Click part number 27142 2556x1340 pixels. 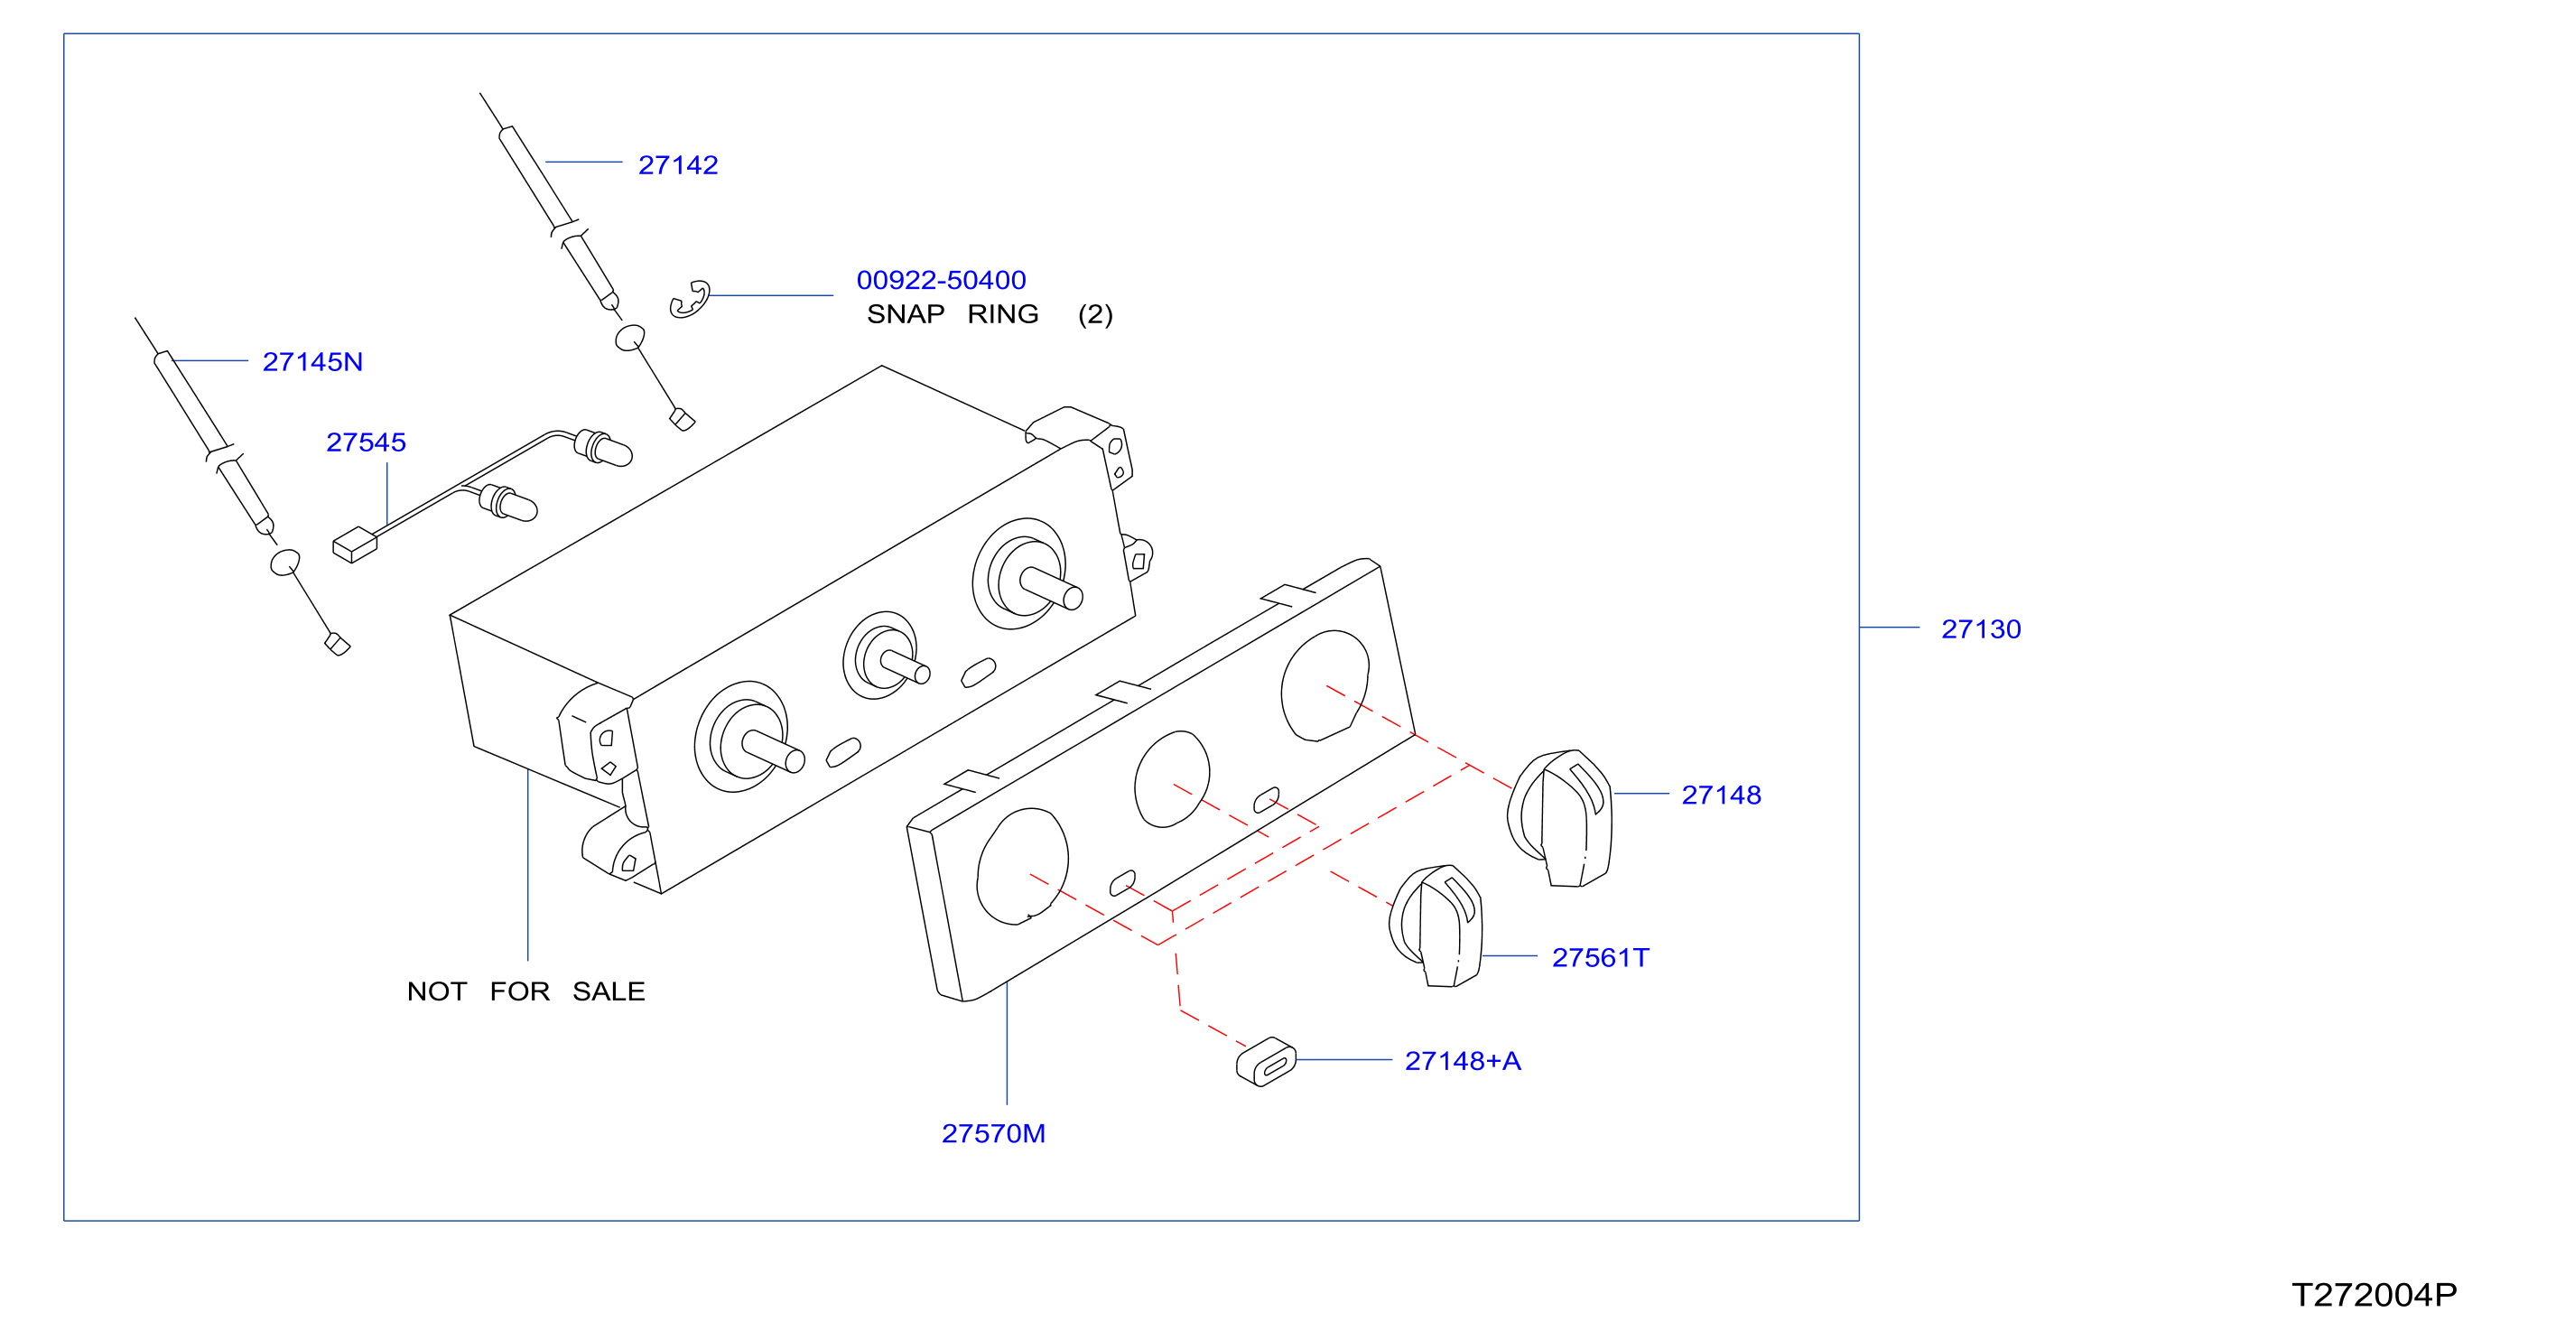pyautogui.click(x=678, y=164)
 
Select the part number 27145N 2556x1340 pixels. pyautogui.click(x=312, y=361)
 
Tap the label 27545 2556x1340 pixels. pyautogui.click(x=367, y=442)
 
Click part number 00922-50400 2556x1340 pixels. pyautogui.click(x=941, y=280)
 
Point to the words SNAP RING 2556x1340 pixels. pyautogui.click(x=953, y=313)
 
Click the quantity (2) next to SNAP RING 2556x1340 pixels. pyautogui.click(x=1095, y=314)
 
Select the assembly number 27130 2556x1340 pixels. pyautogui.click(x=1981, y=629)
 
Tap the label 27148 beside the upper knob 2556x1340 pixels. pyautogui.click(x=1722, y=796)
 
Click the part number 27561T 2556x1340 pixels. pyautogui.click(x=1601, y=958)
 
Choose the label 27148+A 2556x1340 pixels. pyautogui.click(x=1463, y=1061)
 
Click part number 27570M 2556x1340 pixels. pyautogui.click(x=993, y=1133)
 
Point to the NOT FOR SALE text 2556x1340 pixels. pyautogui.click(x=525, y=991)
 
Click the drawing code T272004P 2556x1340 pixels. pyautogui.click(x=2375, y=1296)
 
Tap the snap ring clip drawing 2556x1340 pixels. pyautogui.click(x=690, y=300)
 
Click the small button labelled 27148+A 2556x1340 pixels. pyautogui.click(x=1266, y=1062)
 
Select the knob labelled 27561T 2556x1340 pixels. pyautogui.click(x=1436, y=926)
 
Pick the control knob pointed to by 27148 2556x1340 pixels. pyautogui.click(x=1561, y=818)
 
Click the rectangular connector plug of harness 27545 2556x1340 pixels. pyautogui.click(x=354, y=544)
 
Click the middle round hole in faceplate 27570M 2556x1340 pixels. pyautogui.click(x=1172, y=779)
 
